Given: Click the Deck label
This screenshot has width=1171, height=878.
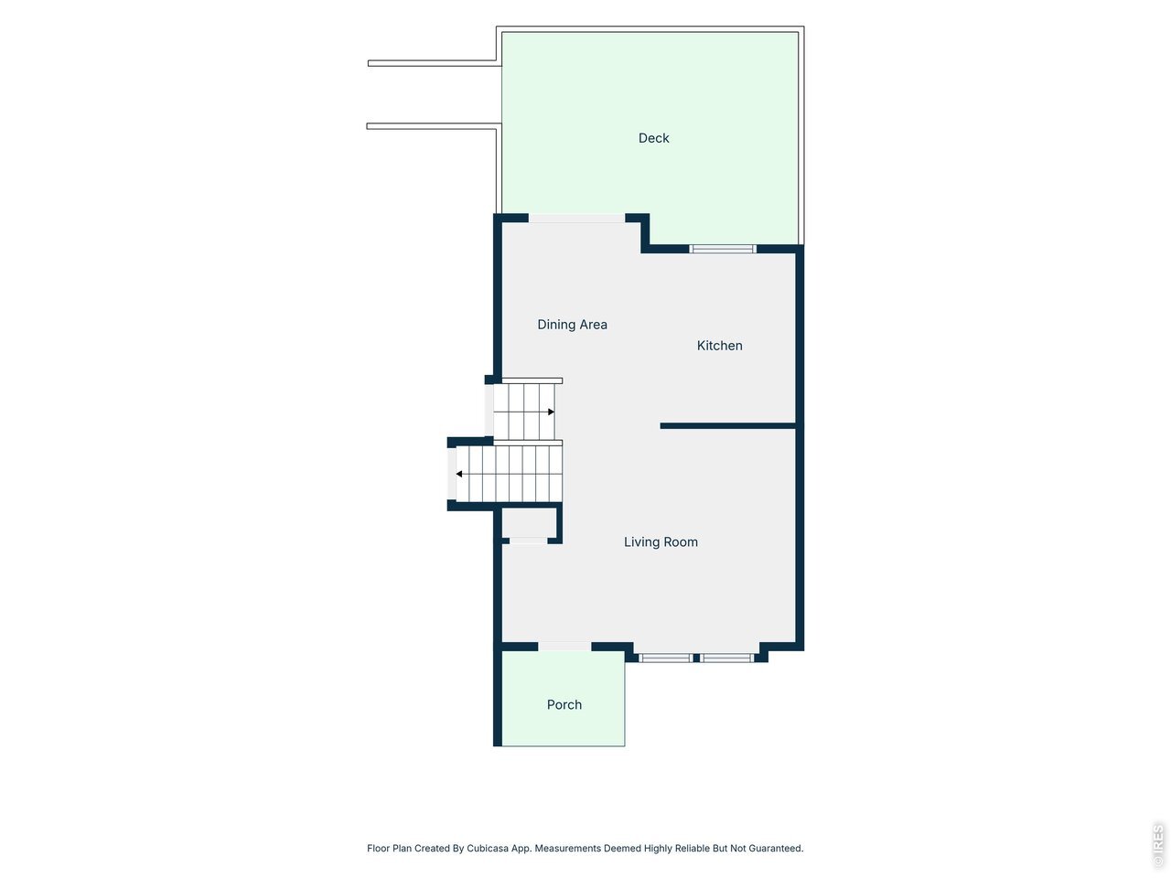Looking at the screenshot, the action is point(653,138).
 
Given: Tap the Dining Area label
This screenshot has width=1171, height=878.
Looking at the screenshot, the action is point(572,325).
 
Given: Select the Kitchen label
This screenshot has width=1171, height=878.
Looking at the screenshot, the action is point(719,346).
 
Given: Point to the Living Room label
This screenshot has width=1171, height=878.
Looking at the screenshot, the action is point(661,542).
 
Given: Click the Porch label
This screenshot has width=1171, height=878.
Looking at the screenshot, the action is point(564,705).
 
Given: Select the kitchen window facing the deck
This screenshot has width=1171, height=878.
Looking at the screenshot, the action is point(723,249).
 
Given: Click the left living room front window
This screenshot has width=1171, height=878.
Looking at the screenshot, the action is point(665,658).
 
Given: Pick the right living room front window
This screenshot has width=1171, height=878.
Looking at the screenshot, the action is point(726,658).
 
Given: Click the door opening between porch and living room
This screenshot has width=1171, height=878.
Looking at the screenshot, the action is point(564,647).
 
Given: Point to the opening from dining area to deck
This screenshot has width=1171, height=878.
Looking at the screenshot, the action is point(576,218).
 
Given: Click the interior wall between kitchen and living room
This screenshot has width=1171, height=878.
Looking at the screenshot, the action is point(728,426).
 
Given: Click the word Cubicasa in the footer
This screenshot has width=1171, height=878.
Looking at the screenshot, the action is point(487,848).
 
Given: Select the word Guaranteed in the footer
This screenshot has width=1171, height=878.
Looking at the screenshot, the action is point(776,848).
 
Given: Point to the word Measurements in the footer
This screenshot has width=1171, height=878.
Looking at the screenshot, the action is point(566,848).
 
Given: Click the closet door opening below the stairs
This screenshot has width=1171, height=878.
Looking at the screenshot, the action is point(528,541).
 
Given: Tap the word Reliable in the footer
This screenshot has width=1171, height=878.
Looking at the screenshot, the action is point(693,848).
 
